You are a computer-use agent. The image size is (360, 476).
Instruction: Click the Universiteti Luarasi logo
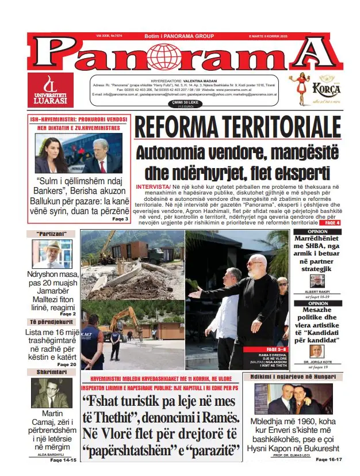tap(51, 90)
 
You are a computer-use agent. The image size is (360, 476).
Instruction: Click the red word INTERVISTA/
tap(153, 188)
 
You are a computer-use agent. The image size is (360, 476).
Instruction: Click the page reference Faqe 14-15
tap(63, 460)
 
